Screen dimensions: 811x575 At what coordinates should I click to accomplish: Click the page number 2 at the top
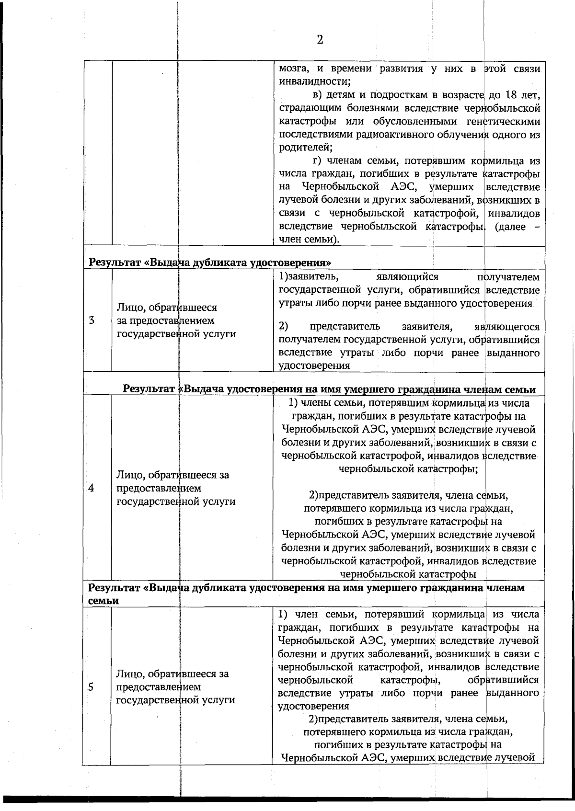tap(320, 40)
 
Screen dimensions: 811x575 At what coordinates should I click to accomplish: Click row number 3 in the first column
tap(91, 320)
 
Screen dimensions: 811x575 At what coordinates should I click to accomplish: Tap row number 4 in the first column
tap(91, 488)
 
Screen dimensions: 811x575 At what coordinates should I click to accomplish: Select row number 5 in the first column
tap(91, 686)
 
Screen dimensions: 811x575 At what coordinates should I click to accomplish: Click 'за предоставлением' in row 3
tap(165, 320)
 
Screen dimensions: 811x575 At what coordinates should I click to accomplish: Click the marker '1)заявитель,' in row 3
tap(309, 277)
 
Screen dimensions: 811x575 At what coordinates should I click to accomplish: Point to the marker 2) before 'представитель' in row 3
tap(283, 327)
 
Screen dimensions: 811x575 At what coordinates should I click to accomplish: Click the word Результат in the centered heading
tap(149, 389)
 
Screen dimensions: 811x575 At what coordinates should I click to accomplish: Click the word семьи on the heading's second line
tap(103, 600)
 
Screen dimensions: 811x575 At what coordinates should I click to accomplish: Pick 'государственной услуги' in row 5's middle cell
tap(176, 699)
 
